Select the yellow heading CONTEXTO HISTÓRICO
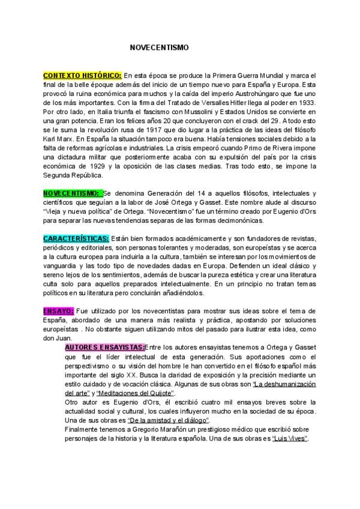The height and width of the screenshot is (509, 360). [x=82, y=76]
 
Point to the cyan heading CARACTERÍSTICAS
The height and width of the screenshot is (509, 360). [x=76, y=238]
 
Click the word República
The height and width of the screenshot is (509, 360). [x=87, y=175]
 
